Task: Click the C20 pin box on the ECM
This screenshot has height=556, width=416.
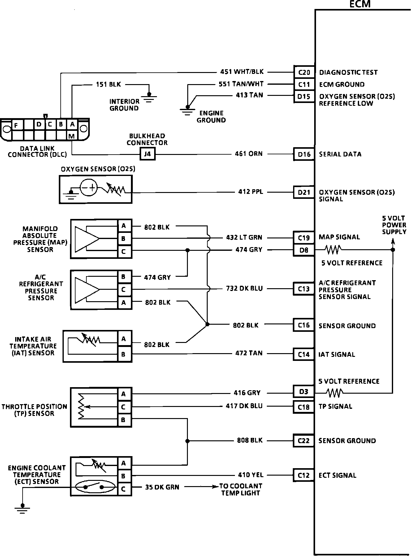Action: pyautogui.click(x=304, y=72)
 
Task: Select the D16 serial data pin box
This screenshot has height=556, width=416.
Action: pyautogui.click(x=304, y=154)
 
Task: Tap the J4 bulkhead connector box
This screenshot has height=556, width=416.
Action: pyautogui.click(x=147, y=154)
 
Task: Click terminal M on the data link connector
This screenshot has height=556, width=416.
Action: pyautogui.click(x=72, y=136)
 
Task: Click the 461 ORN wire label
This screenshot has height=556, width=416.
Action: pyautogui.click(x=249, y=154)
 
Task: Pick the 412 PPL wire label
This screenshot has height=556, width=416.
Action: pyautogui.click(x=251, y=192)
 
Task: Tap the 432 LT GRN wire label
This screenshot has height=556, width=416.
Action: pyautogui.click(x=244, y=237)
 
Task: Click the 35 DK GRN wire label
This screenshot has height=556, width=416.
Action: pyautogui.click(x=162, y=487)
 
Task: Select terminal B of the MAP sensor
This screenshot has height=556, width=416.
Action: pyautogui.click(x=123, y=239)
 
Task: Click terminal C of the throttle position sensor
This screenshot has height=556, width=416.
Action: pyautogui.click(x=123, y=407)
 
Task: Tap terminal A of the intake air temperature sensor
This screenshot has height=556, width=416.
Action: pyautogui.click(x=123, y=339)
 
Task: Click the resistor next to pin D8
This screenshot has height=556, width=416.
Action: pyautogui.click(x=333, y=249)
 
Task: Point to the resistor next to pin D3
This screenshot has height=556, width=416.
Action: pyautogui.click(x=334, y=393)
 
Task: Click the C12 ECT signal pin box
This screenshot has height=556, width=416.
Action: pyautogui.click(x=304, y=475)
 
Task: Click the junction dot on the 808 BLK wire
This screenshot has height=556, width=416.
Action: pyautogui.click(x=187, y=441)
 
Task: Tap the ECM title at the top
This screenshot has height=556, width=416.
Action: pyautogui.click(x=360, y=4)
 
